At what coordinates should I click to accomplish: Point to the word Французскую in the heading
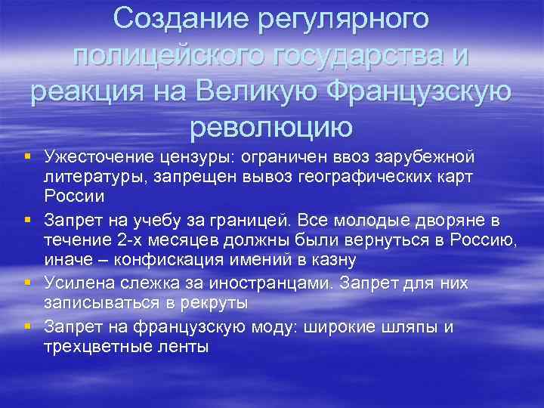409,91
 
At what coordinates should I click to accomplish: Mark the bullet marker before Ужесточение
26,156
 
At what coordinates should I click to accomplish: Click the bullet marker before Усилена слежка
26,283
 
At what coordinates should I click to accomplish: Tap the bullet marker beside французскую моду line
26,326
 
